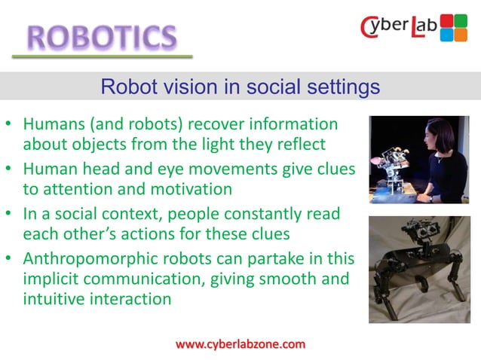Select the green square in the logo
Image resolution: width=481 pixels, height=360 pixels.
(461, 20)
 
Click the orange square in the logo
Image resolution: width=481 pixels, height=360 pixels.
(461, 34)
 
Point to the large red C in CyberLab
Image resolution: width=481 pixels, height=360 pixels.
(371, 29)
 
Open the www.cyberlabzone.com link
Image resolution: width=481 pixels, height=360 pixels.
(240, 344)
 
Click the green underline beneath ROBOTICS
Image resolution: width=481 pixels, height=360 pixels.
(103, 56)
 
